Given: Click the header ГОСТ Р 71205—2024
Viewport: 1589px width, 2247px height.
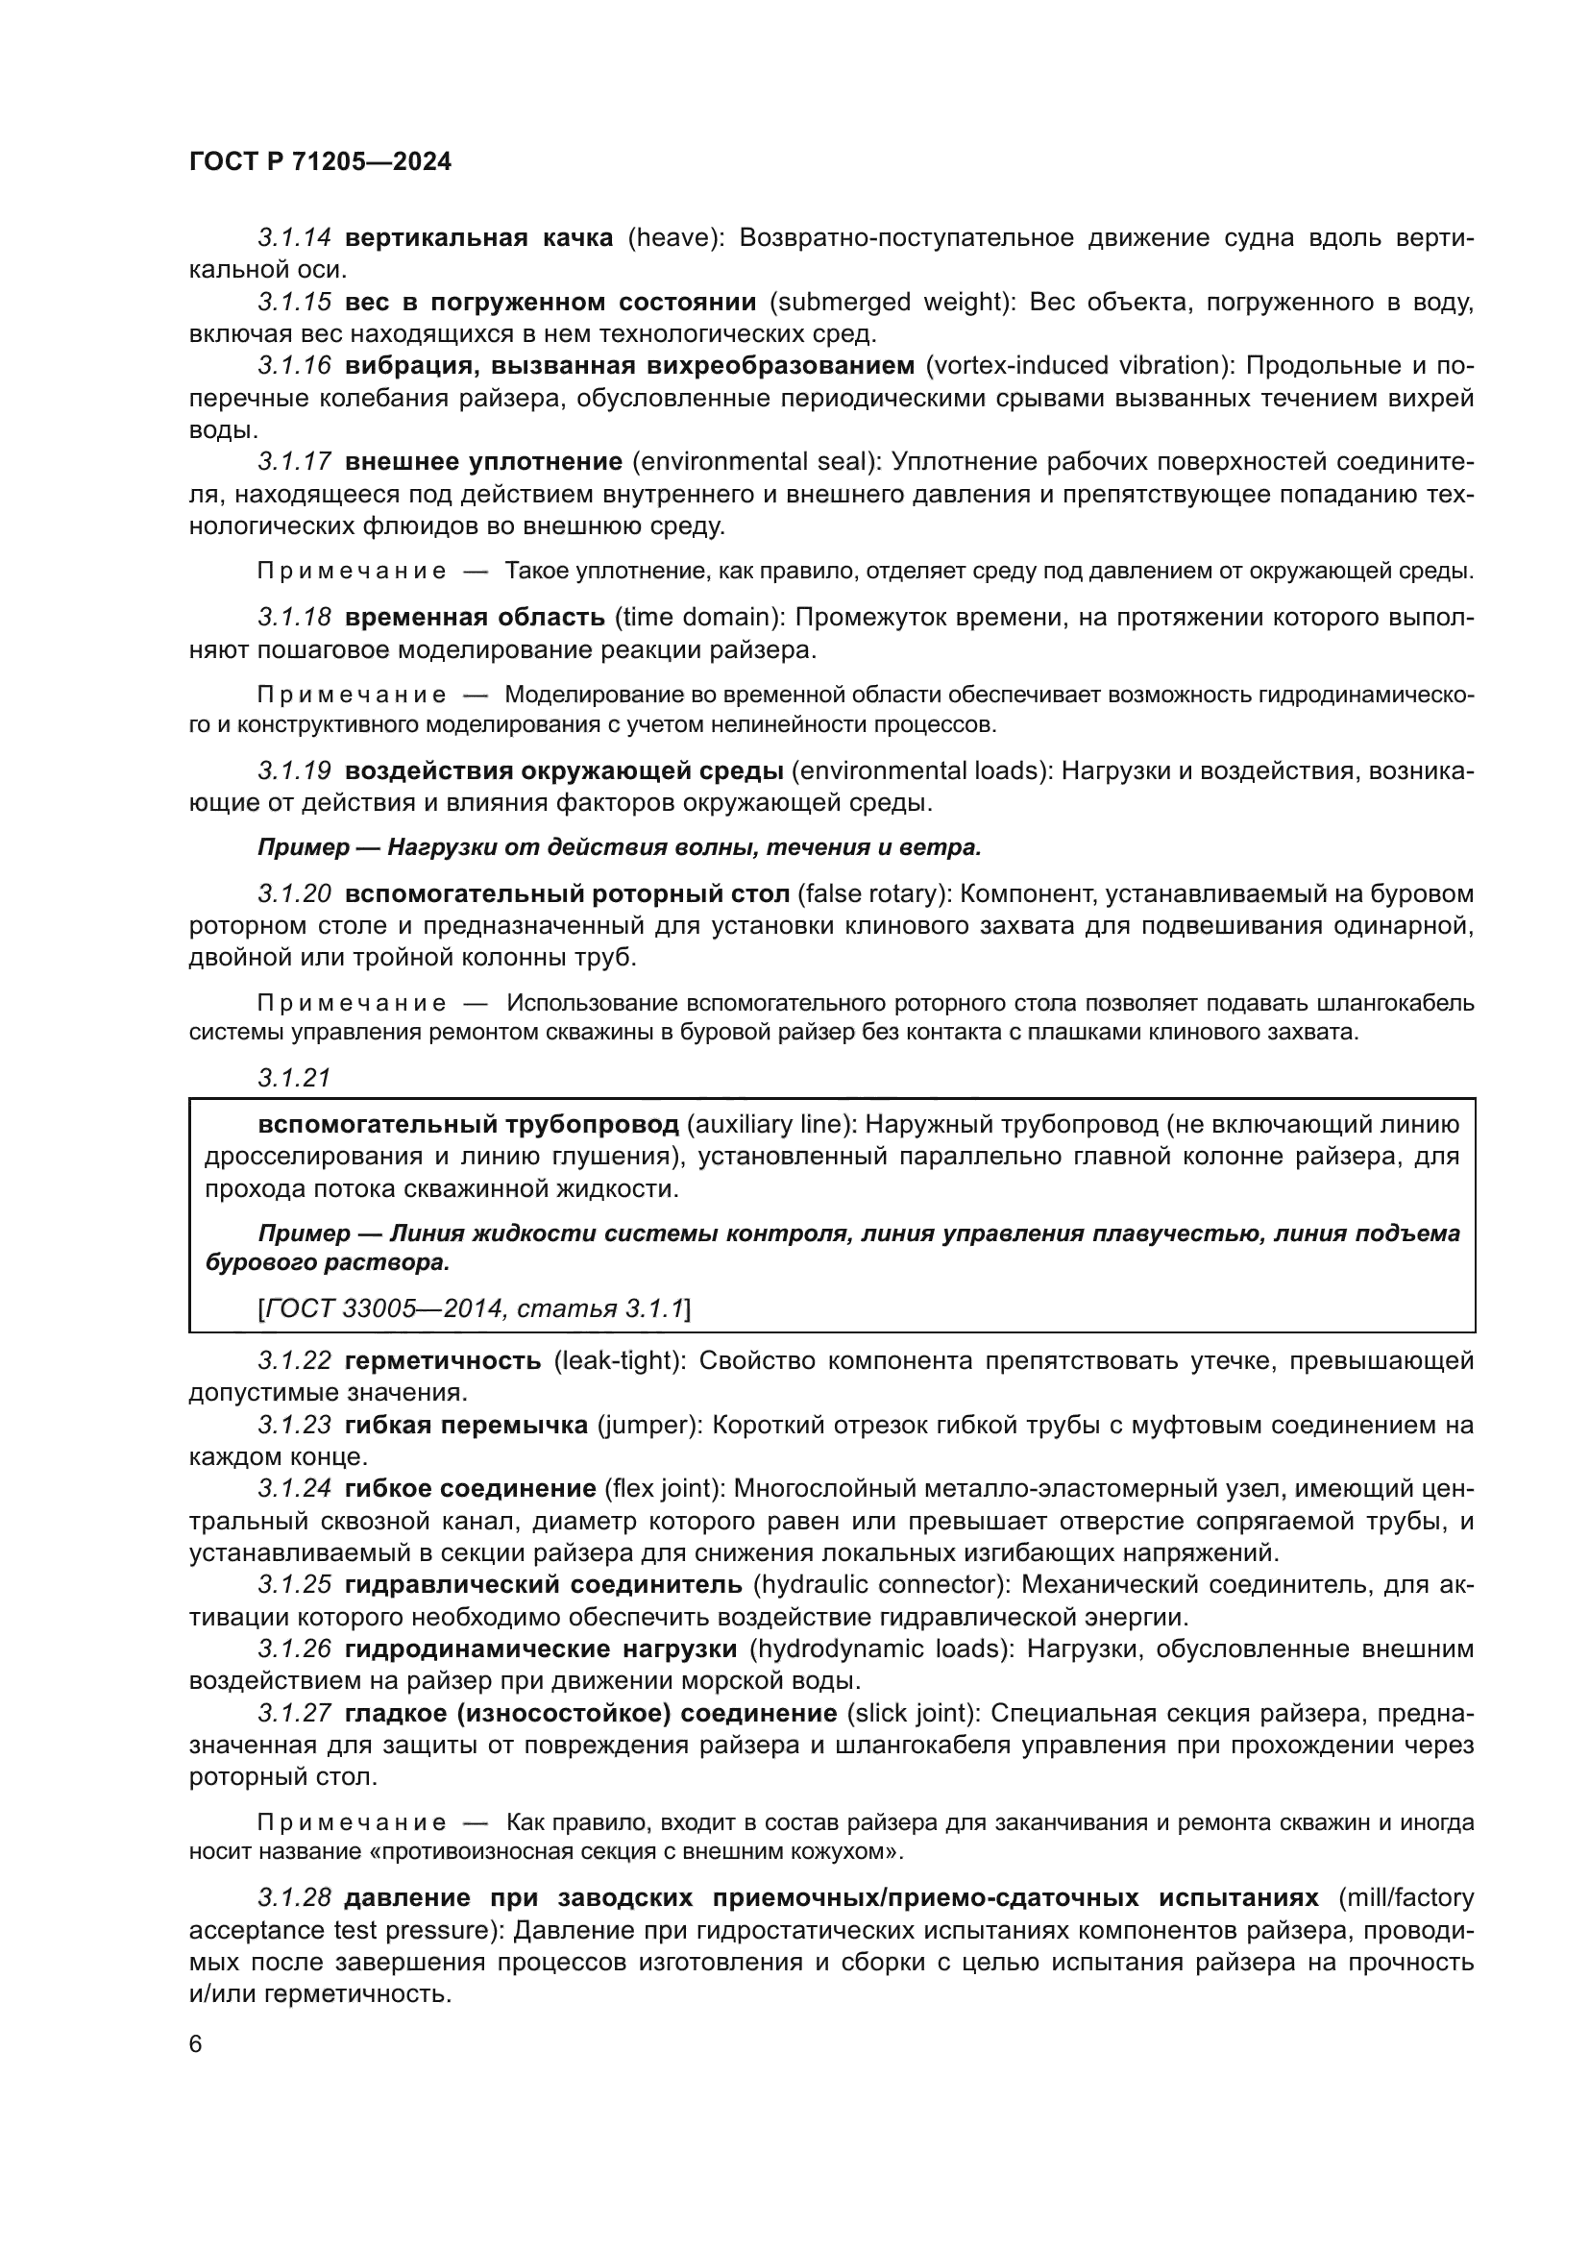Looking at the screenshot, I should point(320,162).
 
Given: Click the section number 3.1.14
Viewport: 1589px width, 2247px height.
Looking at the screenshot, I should point(295,238).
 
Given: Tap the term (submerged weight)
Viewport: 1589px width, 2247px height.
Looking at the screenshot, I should point(892,302).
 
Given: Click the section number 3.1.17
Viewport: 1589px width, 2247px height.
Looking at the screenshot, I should point(295,462).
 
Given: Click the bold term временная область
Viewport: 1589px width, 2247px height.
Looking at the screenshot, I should point(475,618).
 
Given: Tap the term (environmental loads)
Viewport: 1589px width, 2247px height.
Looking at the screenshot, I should point(921,771).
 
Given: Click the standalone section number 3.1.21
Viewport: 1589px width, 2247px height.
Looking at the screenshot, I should point(295,1079).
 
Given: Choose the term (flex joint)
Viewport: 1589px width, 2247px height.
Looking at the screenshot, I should point(665,1490).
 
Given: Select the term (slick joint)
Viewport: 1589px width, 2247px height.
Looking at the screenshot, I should point(913,1714).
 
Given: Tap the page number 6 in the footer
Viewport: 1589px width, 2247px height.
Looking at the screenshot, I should point(196,2044).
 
